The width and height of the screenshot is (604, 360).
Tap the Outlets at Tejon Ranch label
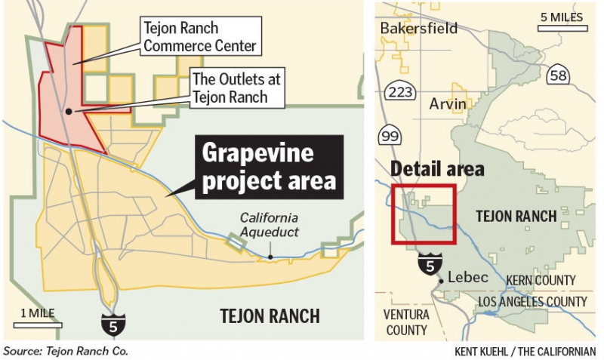coord(229,88)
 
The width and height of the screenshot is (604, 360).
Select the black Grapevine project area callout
coord(268,167)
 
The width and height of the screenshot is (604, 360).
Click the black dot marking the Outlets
coord(69,111)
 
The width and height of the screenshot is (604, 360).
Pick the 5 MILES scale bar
coord(563,23)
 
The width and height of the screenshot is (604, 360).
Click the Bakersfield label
coord(418,29)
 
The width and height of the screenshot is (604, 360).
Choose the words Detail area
coord(437,169)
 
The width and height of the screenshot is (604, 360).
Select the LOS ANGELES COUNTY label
coord(532,302)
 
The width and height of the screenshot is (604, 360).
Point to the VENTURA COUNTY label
coord(405,322)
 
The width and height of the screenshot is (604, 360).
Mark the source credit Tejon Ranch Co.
coord(66,351)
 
